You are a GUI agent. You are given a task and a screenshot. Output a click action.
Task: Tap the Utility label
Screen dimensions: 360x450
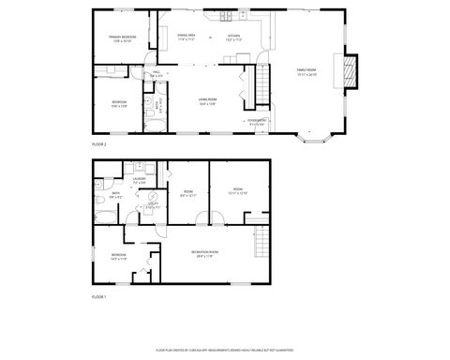(153, 204)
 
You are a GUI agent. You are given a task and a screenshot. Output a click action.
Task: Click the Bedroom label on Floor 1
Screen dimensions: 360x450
(119, 256)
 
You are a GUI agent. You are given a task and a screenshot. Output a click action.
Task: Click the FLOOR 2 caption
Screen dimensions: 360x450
(98, 144)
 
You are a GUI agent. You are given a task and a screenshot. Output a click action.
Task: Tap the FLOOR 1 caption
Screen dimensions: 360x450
(98, 296)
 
